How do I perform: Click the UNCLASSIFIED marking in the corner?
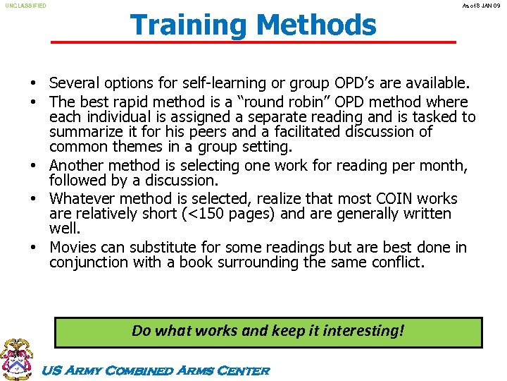(25, 6)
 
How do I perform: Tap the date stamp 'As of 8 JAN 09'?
(481, 6)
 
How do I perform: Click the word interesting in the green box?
(359, 330)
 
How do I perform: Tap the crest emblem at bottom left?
(17, 359)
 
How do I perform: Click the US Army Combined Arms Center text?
(156, 370)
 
